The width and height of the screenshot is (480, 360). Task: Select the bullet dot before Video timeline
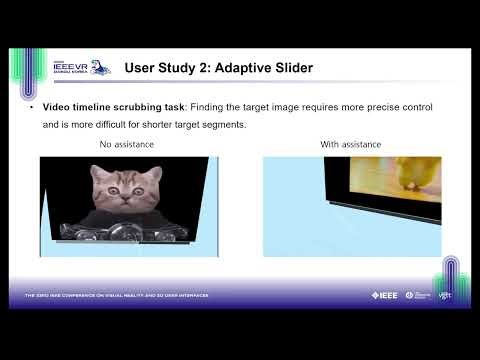click(x=33, y=107)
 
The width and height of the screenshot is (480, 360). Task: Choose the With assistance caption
click(x=350, y=145)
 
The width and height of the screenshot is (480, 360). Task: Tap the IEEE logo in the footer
click(x=385, y=295)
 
